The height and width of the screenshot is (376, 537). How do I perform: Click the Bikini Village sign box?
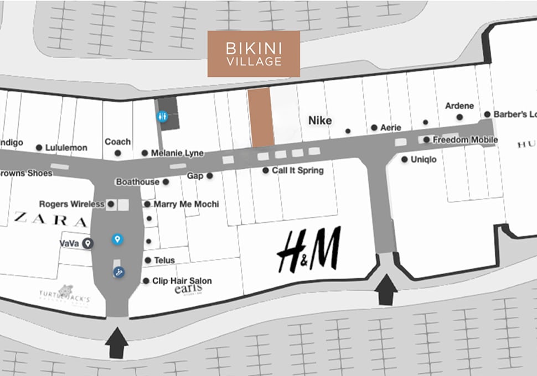(x=254, y=54)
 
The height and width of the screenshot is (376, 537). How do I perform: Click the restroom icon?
(x=162, y=116)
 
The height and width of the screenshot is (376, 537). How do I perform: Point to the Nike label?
(x=320, y=121)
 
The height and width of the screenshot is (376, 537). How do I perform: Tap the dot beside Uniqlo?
(x=405, y=159)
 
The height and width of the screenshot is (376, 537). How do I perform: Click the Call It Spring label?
(x=297, y=170)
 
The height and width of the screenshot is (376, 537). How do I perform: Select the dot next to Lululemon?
(x=39, y=148)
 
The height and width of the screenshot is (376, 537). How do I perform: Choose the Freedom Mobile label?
(x=465, y=140)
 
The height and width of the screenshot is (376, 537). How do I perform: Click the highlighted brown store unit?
(x=260, y=118)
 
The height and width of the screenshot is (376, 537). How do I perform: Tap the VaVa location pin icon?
(x=87, y=243)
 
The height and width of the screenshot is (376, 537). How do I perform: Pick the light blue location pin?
(x=117, y=239)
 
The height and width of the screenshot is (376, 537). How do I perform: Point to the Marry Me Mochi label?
(x=186, y=204)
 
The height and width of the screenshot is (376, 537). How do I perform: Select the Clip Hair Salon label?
(x=182, y=281)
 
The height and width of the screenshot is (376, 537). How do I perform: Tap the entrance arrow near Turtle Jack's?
(x=117, y=343)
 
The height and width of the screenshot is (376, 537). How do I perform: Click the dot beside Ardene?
(x=459, y=117)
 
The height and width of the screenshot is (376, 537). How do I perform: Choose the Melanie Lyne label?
(x=177, y=153)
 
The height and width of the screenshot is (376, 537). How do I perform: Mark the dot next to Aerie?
(x=374, y=128)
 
